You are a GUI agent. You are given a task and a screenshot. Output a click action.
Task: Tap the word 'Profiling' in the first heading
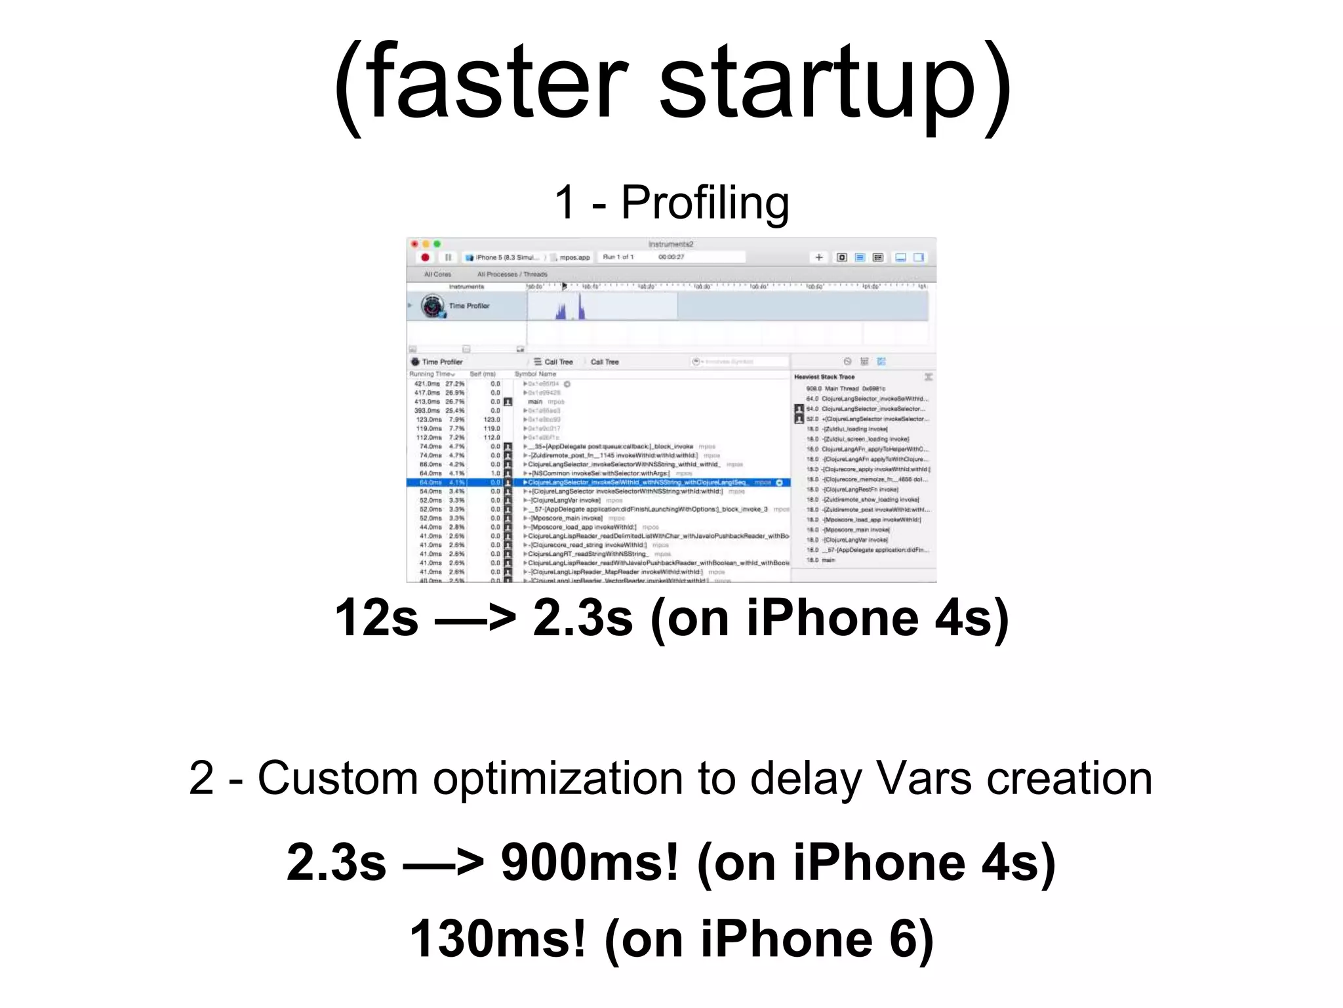tap(705, 203)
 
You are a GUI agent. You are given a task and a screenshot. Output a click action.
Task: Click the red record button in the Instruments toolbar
tap(425, 257)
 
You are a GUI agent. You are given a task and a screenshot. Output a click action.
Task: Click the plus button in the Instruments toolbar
tap(818, 257)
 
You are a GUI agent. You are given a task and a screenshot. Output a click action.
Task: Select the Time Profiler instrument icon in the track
tap(433, 306)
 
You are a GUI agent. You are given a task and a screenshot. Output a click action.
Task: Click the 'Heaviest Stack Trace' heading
tap(824, 377)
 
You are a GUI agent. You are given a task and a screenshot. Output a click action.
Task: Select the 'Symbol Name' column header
tap(535, 374)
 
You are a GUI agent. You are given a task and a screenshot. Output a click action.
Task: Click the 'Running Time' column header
tap(431, 374)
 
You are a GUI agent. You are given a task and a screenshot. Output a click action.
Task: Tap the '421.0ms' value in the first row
tap(428, 384)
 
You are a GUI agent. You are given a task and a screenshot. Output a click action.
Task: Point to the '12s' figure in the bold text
tap(376, 618)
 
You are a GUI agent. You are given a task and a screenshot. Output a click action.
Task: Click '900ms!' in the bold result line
tap(590, 862)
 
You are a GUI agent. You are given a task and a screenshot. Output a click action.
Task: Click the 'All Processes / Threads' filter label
tap(512, 274)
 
